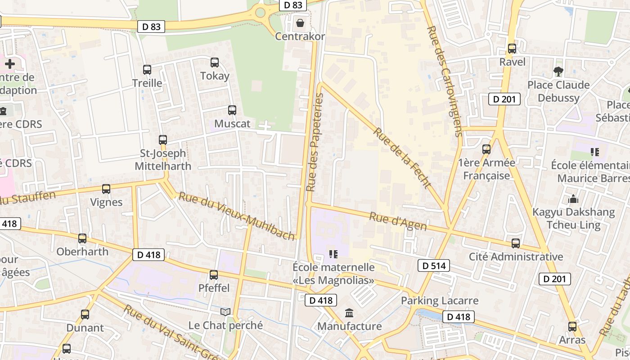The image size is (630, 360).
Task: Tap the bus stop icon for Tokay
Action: coord(215,63)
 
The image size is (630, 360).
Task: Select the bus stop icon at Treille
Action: coord(147,70)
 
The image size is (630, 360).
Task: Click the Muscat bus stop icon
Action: coord(232,110)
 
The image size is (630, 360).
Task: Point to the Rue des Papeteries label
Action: coord(314,142)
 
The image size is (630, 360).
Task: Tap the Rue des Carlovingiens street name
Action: coord(445,81)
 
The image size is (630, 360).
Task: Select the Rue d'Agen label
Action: coord(398,222)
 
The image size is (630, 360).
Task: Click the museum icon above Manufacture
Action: coord(349,313)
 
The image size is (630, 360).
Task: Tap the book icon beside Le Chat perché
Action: coord(225,312)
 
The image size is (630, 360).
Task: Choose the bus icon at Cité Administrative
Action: coord(516,243)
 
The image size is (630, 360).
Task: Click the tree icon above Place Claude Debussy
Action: coord(558,71)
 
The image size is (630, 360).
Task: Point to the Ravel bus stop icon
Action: coord(512,49)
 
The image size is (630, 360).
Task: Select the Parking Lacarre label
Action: coord(440,300)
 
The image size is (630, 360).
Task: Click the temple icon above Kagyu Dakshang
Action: coord(573,198)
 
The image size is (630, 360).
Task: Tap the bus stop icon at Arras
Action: coord(572,326)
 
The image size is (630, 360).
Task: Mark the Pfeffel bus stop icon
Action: coord(214,274)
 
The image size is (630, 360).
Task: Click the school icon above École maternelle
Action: coord(333,254)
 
